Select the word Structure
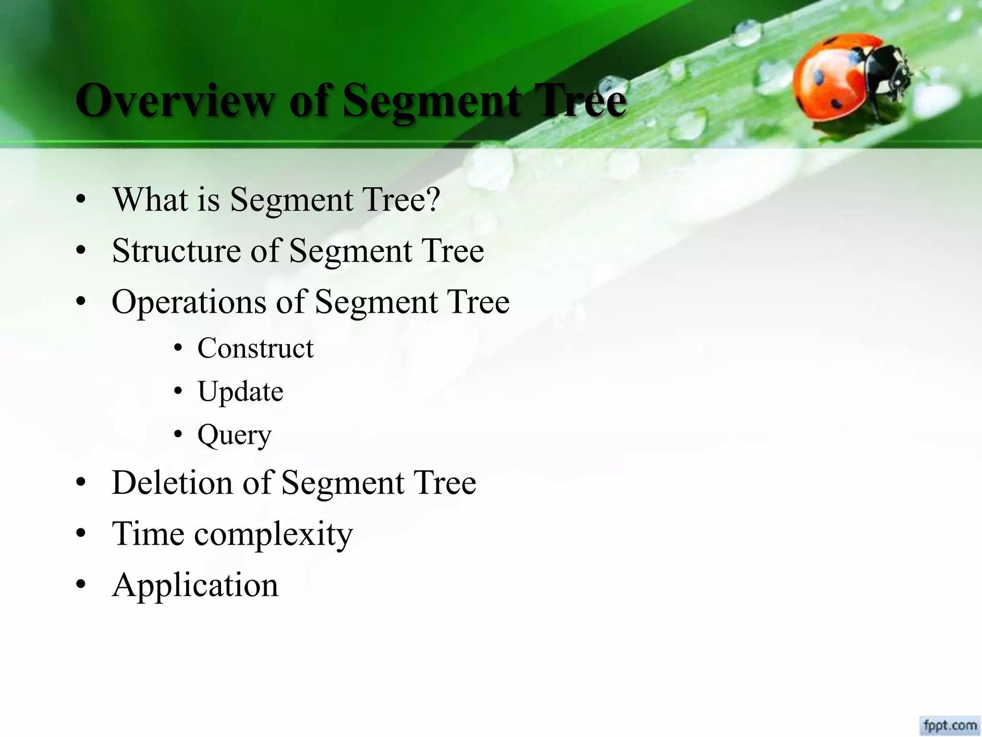point(176,250)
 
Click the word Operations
point(188,302)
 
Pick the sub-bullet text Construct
point(255,348)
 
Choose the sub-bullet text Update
point(240,391)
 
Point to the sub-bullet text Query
point(234,435)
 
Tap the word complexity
point(273,534)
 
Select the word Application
point(195,585)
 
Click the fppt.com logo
point(950,725)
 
